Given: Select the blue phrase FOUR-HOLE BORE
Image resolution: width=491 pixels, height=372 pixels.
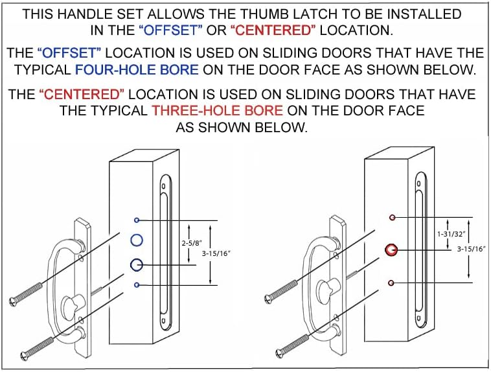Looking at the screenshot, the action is pyautogui.click(x=137, y=69).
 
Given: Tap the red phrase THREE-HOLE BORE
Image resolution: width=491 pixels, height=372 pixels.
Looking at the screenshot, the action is pyautogui.click(x=217, y=111).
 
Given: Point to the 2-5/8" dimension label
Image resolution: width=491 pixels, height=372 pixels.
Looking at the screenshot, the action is pyautogui.click(x=192, y=242).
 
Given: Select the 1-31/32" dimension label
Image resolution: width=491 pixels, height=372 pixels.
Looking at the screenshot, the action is pyautogui.click(x=451, y=233).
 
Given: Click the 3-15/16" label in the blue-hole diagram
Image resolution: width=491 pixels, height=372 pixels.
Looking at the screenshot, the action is pyautogui.click(x=216, y=253).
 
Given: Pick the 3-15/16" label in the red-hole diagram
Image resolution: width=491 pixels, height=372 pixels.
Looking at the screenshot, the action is pyautogui.click(x=471, y=249).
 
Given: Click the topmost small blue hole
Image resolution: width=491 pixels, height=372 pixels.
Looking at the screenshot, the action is pyautogui.click(x=137, y=220).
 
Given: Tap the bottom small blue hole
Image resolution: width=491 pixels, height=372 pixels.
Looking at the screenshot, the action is pyautogui.click(x=137, y=285).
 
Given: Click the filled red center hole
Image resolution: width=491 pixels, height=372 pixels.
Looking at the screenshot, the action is pyautogui.click(x=391, y=250).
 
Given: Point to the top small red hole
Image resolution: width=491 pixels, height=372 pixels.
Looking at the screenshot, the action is pyautogui.click(x=392, y=217).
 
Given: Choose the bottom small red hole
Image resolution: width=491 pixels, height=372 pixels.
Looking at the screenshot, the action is pyautogui.click(x=391, y=283).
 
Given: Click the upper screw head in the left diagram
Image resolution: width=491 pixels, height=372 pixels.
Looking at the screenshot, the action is pyautogui.click(x=13, y=302).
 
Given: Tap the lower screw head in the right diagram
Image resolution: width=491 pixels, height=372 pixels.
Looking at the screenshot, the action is pyautogui.click(x=279, y=353).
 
